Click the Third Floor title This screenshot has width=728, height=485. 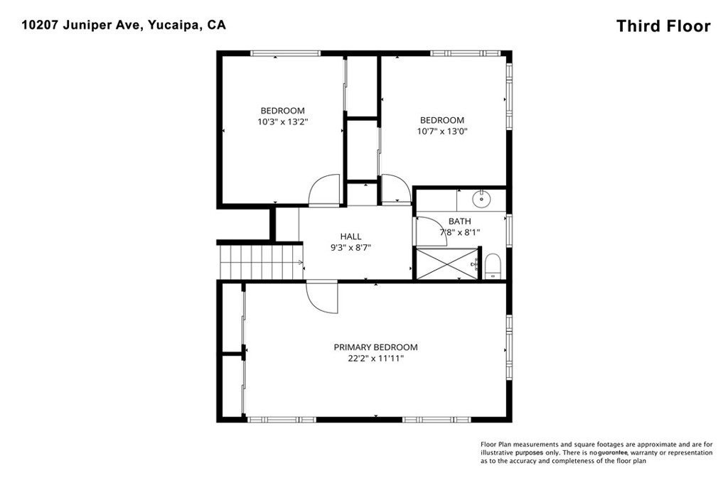(663, 26)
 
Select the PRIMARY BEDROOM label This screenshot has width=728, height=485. (375, 347)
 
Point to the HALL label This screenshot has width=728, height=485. (350, 236)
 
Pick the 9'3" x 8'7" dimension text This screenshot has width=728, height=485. (350, 248)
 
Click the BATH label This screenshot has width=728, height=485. (460, 222)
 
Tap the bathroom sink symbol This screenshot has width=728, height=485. (481, 200)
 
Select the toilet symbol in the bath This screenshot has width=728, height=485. (493, 266)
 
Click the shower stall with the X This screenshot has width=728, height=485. (446, 264)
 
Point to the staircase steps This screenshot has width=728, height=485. (262, 263)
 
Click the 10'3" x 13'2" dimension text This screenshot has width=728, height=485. (283, 122)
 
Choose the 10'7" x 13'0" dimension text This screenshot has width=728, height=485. (442, 131)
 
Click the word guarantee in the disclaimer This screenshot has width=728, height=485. (613, 452)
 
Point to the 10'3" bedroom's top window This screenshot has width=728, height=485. (285, 53)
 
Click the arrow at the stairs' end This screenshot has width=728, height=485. (301, 263)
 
